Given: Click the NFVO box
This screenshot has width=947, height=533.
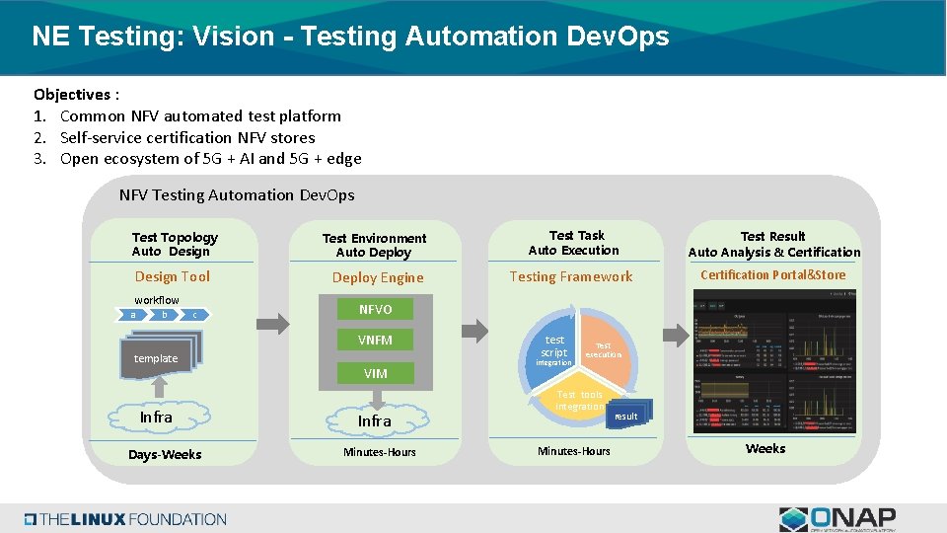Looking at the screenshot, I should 375,309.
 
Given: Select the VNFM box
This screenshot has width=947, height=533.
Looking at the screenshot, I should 375,340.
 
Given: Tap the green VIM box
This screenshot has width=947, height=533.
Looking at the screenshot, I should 375,373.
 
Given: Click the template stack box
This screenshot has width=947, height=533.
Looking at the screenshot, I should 157,358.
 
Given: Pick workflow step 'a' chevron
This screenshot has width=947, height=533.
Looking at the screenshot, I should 134,315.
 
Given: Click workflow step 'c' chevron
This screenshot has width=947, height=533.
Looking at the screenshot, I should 195,315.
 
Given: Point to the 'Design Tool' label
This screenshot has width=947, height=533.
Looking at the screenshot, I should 173,276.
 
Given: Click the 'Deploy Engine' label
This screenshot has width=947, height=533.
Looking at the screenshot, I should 378,277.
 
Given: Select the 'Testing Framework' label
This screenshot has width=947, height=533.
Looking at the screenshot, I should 571,276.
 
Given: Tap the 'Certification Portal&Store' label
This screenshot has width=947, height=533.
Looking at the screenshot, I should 773,275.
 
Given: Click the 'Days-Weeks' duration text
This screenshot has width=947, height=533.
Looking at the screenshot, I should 165,454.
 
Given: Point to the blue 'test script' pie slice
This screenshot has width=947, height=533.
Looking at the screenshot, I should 554,344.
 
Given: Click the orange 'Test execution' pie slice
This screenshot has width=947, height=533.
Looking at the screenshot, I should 603,349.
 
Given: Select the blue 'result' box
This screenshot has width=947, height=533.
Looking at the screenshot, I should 625,416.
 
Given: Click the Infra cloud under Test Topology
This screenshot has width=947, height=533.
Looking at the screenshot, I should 156,418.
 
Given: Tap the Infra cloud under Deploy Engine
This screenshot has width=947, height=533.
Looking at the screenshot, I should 375,420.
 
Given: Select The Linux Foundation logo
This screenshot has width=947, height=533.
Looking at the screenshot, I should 125,519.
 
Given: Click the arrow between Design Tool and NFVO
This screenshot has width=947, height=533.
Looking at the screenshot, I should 265,322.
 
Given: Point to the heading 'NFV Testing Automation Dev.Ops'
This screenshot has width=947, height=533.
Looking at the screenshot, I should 237,195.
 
